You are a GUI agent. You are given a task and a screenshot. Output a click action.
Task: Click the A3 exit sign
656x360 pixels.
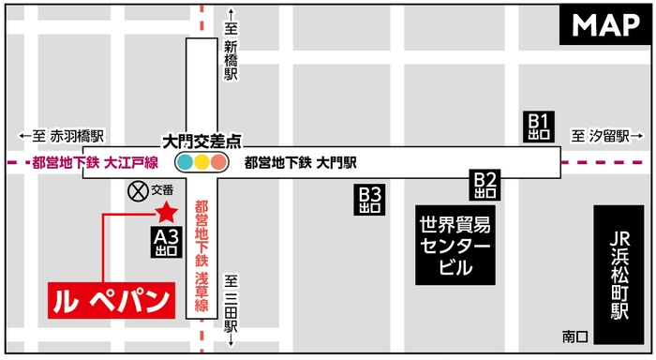(166, 243)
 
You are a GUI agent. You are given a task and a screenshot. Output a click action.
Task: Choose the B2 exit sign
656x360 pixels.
(485, 185)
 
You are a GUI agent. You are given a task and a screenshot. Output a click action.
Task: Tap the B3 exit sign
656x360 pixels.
(371, 200)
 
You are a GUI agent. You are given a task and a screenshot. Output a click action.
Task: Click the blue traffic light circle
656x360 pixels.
(185, 162)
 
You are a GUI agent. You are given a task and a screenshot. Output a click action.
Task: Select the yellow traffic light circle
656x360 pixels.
(201, 162)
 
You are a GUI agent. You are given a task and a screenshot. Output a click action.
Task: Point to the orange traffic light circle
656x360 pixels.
(218, 162)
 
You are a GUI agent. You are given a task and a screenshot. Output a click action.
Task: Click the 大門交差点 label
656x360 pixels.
(201, 142)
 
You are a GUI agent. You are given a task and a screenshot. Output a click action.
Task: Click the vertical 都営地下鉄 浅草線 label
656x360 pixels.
(201, 248)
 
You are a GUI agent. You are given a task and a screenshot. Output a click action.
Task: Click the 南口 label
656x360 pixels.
(574, 335)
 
